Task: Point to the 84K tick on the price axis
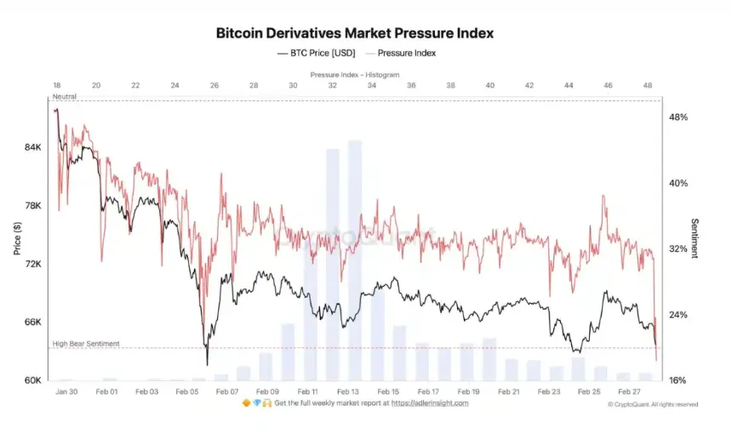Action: (32, 147)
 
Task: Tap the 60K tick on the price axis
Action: (32, 380)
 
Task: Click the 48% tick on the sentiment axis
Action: (679, 117)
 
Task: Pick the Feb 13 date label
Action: (347, 391)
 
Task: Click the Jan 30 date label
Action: (66, 391)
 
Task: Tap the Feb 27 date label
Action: (630, 391)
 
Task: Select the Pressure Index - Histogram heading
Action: (354, 75)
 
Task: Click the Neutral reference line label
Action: (65, 97)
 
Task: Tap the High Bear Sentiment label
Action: (86, 344)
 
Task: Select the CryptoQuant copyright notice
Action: (653, 405)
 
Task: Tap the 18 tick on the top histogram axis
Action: (56, 86)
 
